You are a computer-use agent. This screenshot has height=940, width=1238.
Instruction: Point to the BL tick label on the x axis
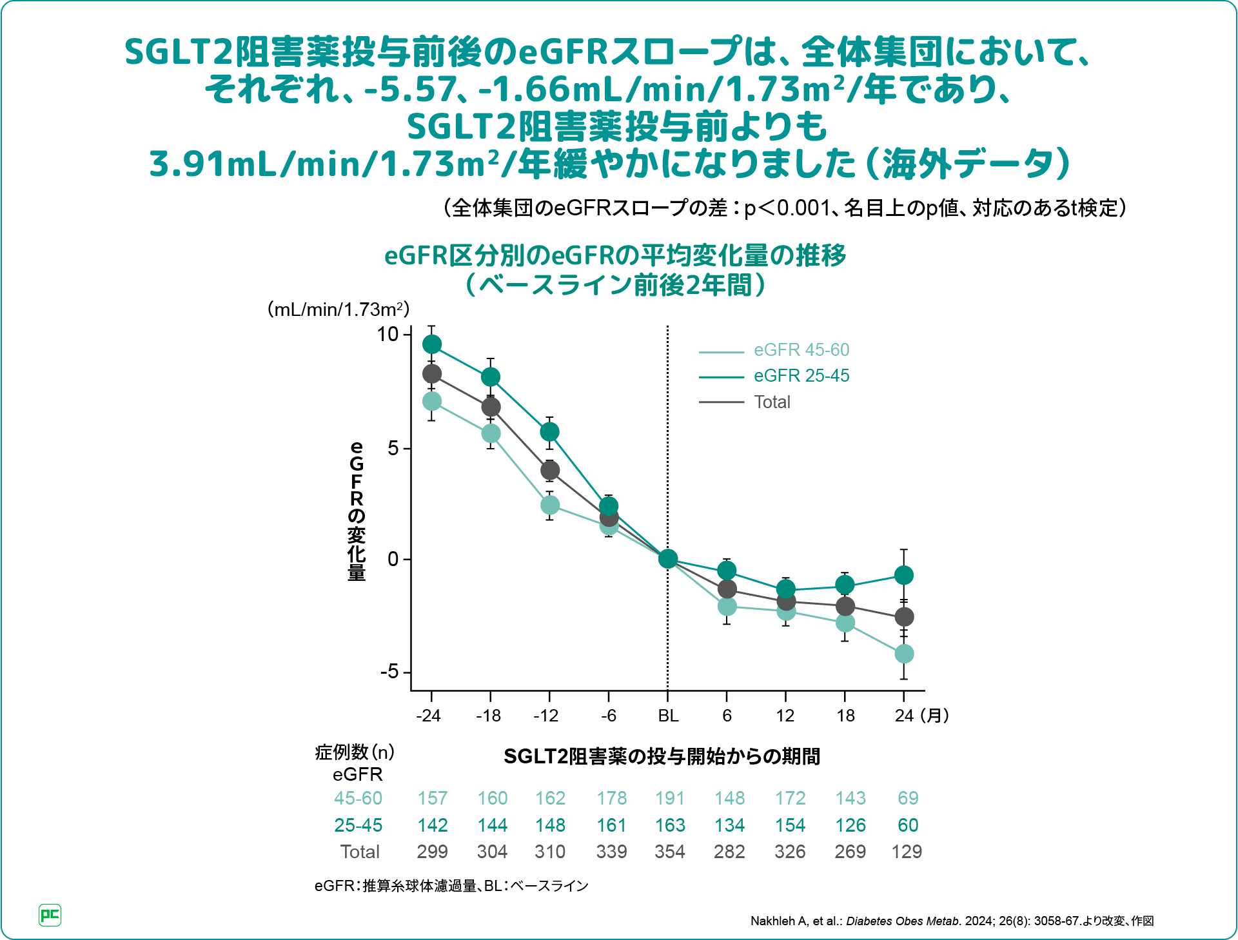668,716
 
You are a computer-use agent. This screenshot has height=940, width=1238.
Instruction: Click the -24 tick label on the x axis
428,716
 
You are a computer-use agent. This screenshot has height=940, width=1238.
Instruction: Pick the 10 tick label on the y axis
388,334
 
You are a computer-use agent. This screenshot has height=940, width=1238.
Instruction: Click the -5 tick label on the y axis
389,672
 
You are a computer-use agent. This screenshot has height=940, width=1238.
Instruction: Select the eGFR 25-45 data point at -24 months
432,344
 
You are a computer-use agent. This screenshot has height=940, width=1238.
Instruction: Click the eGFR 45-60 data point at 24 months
904,654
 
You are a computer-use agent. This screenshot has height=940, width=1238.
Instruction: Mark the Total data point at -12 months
550,470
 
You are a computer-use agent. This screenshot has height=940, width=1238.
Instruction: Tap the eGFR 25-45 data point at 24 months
904,575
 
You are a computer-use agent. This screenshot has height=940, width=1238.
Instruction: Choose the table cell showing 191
670,798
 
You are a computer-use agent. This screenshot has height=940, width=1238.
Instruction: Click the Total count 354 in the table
670,852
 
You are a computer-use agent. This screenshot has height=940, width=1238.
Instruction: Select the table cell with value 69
908,798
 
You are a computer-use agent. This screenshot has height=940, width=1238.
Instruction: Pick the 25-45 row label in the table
358,825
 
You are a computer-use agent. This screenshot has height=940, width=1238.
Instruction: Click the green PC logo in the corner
50,915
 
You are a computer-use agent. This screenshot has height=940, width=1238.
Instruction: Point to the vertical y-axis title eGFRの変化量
357,511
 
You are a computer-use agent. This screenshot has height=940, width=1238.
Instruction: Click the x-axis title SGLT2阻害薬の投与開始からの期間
662,756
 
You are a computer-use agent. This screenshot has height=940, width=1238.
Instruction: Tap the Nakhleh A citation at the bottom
952,921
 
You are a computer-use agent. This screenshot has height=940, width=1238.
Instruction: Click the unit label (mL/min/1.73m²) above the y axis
339,309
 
